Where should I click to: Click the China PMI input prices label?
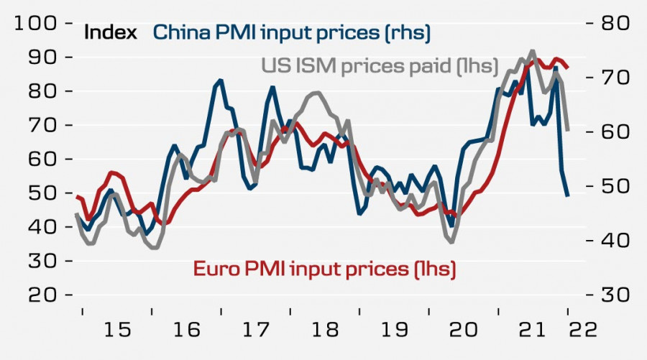[x=291, y=32]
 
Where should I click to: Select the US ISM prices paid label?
[x=379, y=66]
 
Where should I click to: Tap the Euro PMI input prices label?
[x=325, y=269]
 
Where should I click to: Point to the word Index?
[x=111, y=32]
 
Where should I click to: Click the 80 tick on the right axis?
[x=612, y=23]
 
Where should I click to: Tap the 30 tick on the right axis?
[x=612, y=295]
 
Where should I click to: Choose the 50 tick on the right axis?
[x=612, y=186]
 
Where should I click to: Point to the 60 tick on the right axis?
[x=612, y=132]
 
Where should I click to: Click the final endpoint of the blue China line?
[x=568, y=195]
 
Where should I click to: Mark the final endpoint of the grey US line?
[x=568, y=130]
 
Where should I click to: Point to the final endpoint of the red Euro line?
[x=568, y=68]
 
